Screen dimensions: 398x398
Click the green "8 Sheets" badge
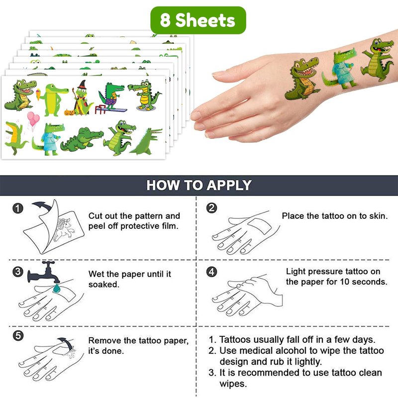tap(198, 20)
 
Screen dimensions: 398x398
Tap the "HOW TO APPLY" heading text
tap(199, 185)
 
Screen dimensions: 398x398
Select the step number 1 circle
tap(18, 208)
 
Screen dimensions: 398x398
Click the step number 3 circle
tap(18, 272)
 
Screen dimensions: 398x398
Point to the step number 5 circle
tap(18, 336)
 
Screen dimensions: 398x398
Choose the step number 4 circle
tap(212, 272)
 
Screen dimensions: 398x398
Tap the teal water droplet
tap(56, 288)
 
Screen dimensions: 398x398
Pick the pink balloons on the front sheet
tap(33, 119)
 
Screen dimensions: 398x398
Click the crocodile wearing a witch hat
tap(81, 98)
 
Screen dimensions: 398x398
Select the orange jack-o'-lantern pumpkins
tap(69, 112)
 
